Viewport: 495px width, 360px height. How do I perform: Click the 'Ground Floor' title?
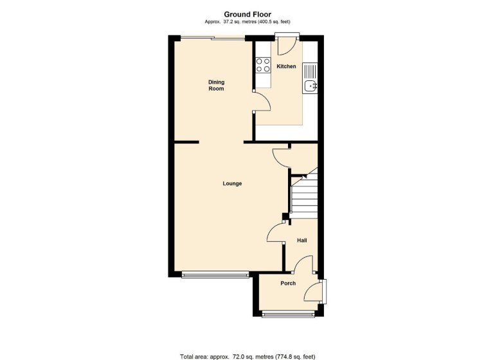coord(248,14)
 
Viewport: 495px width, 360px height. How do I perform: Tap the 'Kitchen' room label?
coord(286,66)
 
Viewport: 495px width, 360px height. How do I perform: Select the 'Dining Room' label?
coord(216,85)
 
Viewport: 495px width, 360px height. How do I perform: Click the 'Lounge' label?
coord(232,183)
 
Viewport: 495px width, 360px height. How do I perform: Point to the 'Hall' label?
coord(301,240)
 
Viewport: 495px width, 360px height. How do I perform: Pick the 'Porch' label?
coord(288,283)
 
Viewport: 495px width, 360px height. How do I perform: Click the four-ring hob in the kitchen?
coord(263,64)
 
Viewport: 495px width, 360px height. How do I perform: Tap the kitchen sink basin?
coord(312,85)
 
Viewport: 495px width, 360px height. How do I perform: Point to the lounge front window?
coord(215,276)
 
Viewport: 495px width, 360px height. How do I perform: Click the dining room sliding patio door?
coord(213,38)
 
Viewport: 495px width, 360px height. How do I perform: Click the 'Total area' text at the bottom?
coord(248,355)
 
